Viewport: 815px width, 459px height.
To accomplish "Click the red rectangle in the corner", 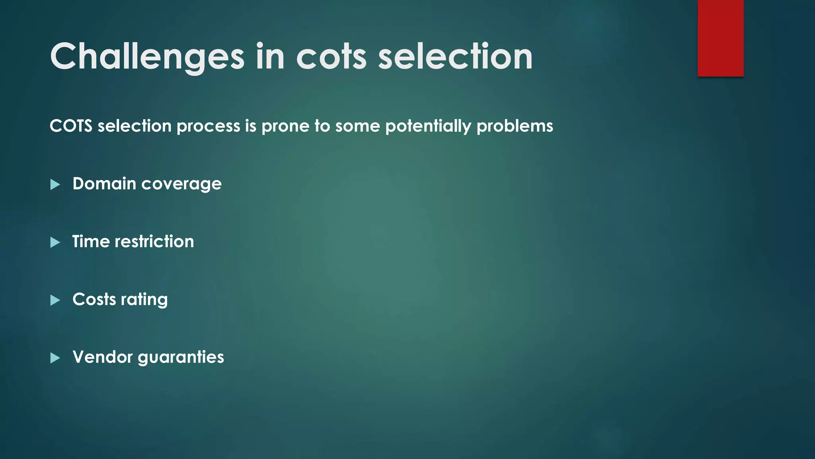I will [x=720, y=38].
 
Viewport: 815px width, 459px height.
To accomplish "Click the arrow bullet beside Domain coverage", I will [x=55, y=184].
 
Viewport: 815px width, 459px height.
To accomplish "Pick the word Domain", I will [x=104, y=184].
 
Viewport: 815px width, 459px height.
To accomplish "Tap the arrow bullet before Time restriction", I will [x=55, y=242].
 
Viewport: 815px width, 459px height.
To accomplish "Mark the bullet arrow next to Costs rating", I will [x=55, y=300].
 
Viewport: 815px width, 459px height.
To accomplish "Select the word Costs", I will [x=94, y=299].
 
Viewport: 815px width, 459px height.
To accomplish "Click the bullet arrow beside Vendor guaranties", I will [x=55, y=358].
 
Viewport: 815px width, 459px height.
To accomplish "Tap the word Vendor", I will [x=102, y=357].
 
